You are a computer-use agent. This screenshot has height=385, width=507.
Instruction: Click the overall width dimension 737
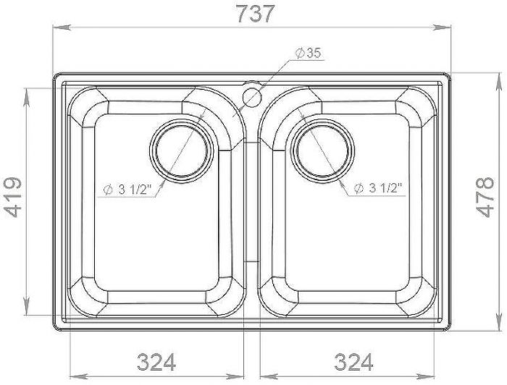(x=256, y=14)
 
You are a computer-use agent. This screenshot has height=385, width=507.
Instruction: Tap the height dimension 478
(x=485, y=197)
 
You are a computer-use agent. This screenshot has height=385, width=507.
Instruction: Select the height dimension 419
(x=13, y=197)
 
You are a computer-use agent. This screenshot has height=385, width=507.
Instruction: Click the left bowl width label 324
(x=156, y=362)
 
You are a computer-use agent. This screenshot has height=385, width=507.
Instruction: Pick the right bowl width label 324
(x=353, y=362)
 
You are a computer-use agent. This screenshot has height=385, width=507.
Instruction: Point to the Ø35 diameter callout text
(x=309, y=54)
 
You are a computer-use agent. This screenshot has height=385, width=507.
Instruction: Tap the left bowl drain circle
(x=181, y=151)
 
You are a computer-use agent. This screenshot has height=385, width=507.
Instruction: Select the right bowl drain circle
(x=322, y=151)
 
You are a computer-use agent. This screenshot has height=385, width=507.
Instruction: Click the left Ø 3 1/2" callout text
(x=127, y=190)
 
